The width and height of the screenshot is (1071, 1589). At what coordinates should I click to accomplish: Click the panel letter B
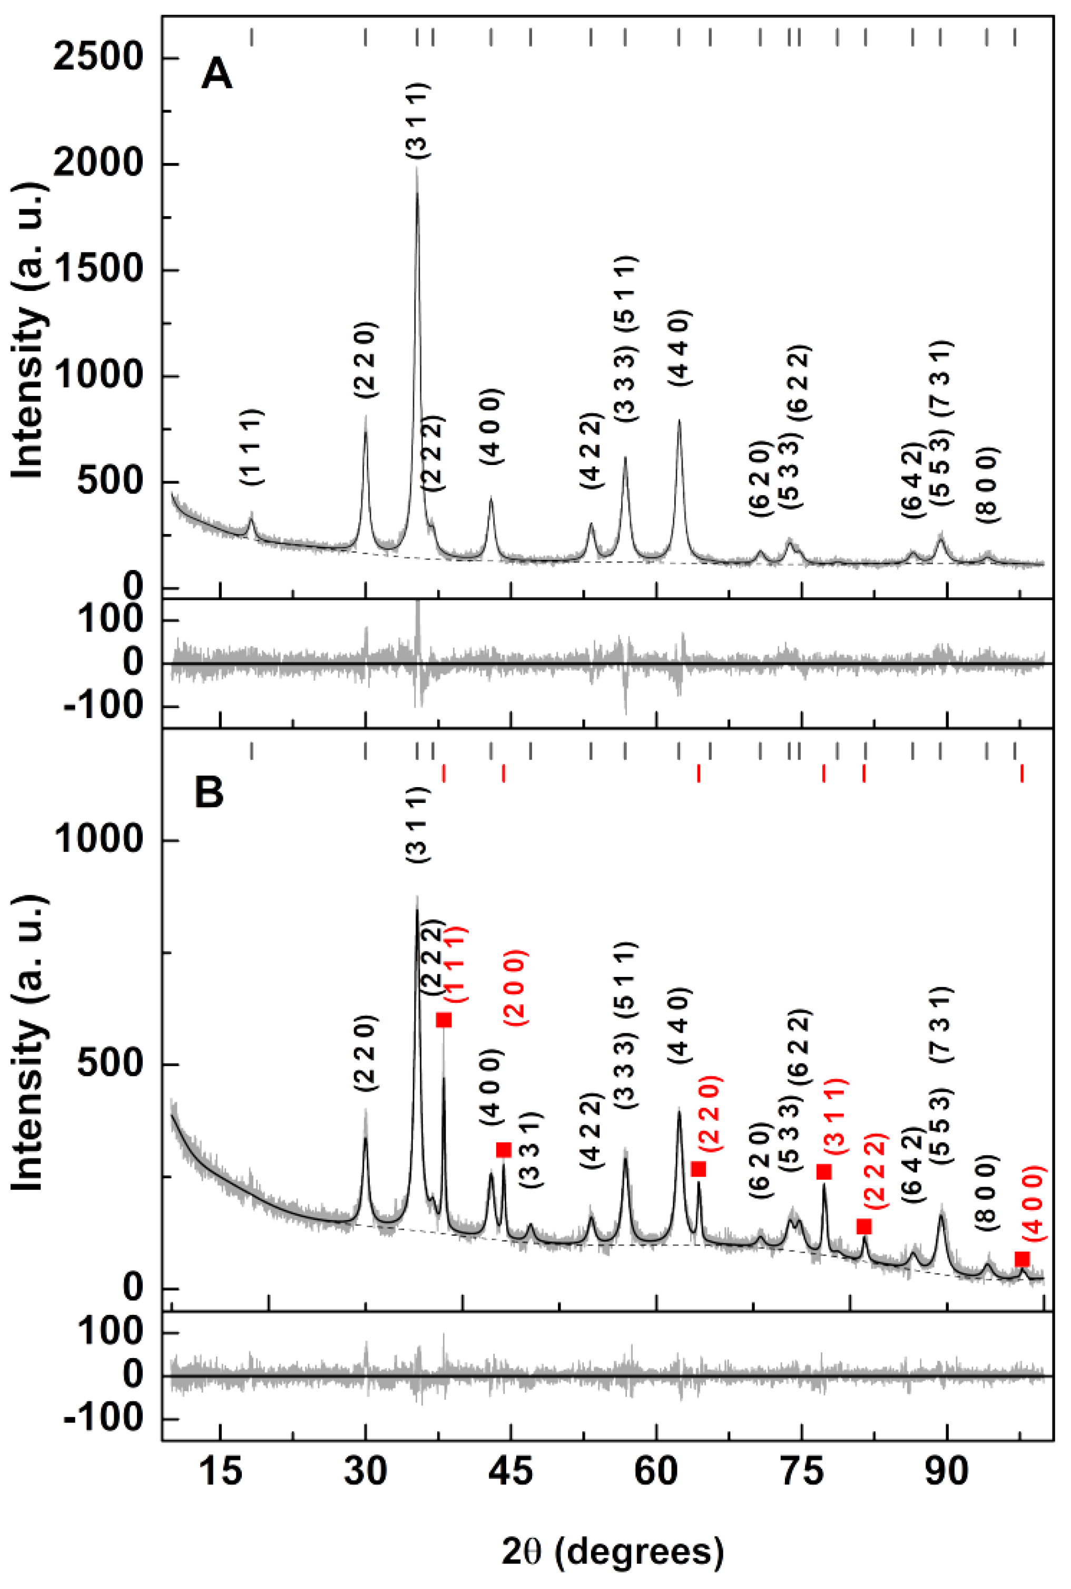tap(209, 793)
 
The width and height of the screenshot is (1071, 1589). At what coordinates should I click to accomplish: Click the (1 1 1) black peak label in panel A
tap(251, 448)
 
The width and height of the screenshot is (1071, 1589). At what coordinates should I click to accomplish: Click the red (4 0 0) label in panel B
tap(1034, 1204)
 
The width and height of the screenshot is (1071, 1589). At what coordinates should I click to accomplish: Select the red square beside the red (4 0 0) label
tap(1022, 1259)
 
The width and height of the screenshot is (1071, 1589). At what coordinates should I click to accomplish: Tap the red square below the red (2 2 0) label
tap(698, 1169)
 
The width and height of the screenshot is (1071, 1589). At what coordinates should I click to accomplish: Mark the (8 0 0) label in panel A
tap(987, 485)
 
